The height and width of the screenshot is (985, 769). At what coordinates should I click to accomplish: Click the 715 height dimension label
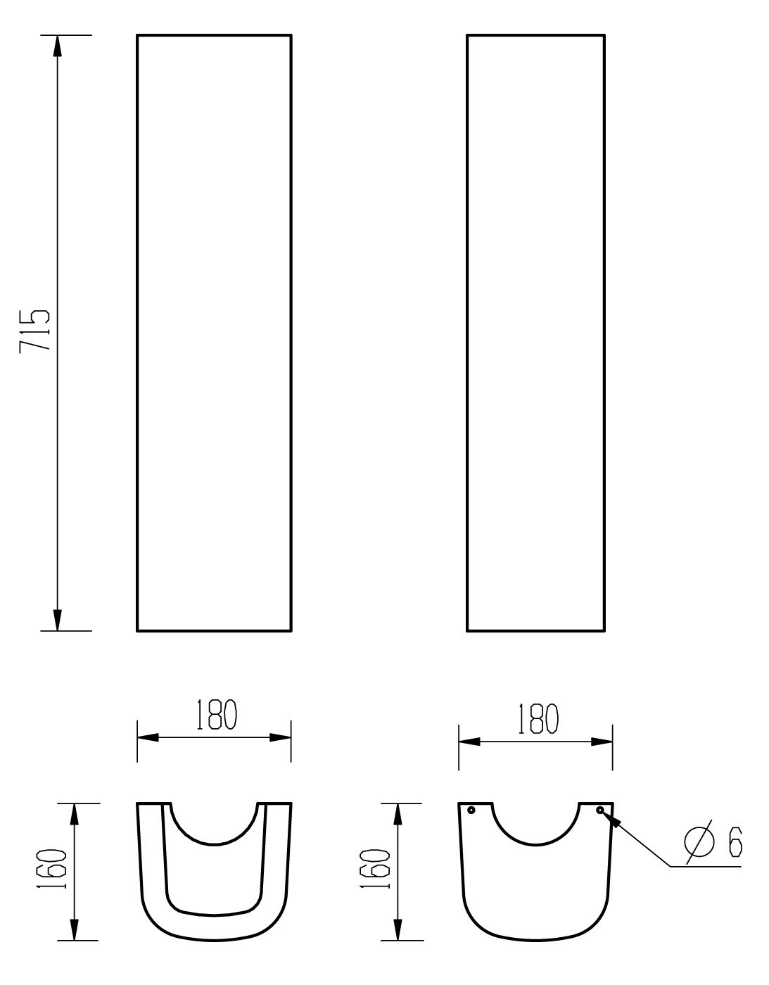coord(34,331)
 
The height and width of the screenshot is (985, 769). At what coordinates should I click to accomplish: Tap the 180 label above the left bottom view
coord(217,715)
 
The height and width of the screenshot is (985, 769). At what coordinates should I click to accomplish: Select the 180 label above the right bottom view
coord(538,719)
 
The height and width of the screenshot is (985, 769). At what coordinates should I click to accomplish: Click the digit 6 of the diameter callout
coord(735,842)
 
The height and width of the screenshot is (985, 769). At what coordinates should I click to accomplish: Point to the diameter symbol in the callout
coord(699,841)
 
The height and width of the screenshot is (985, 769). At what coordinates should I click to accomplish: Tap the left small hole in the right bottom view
coord(471,810)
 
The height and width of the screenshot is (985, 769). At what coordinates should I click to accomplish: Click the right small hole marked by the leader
coord(600,810)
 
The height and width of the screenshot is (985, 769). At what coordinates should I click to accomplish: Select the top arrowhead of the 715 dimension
coord(57,46)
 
